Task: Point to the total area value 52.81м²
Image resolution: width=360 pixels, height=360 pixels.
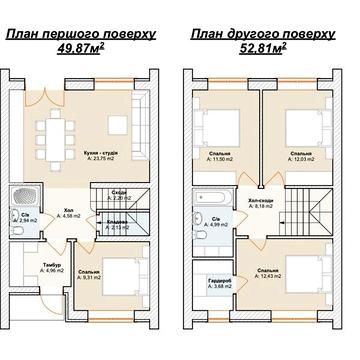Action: (x=262, y=47)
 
